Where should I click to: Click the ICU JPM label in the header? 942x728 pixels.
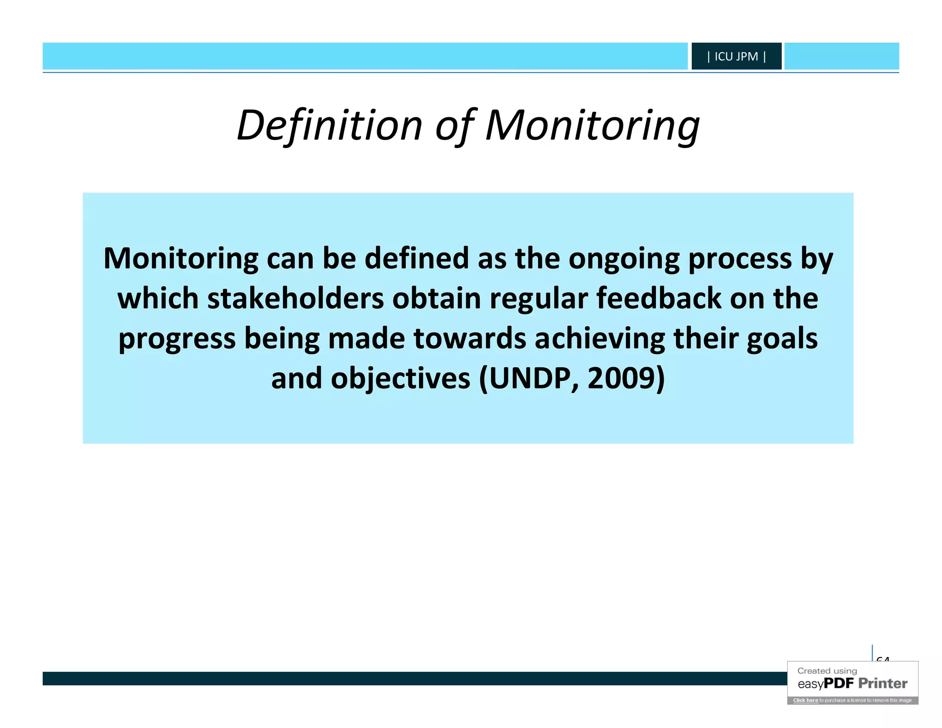(736, 57)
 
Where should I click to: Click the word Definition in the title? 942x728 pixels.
(329, 125)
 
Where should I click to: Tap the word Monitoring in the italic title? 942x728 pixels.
(592, 125)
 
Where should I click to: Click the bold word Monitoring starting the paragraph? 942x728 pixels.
(181, 258)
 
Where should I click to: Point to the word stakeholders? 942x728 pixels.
(295, 298)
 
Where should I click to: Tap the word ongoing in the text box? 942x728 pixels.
(624, 258)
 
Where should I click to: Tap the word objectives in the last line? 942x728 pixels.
(401, 378)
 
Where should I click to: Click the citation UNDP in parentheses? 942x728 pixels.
(529, 378)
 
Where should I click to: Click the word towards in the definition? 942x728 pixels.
(470, 338)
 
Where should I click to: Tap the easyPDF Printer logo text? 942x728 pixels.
(852, 683)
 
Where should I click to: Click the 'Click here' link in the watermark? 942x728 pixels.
(805, 700)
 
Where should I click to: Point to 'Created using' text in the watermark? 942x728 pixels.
(827, 671)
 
